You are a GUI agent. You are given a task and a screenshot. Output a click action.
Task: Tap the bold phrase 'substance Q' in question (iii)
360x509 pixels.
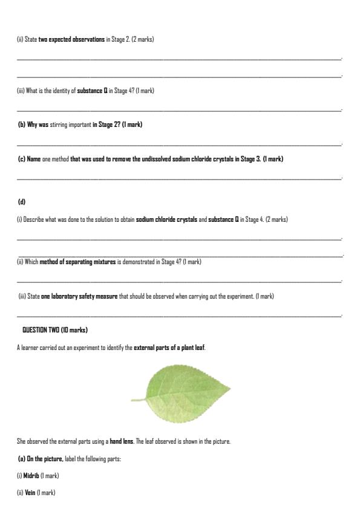coord(93,91)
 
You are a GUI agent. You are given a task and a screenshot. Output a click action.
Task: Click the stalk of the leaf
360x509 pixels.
coord(139,400)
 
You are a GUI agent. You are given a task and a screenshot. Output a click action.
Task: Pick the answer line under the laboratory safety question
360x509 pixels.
coord(179,314)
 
